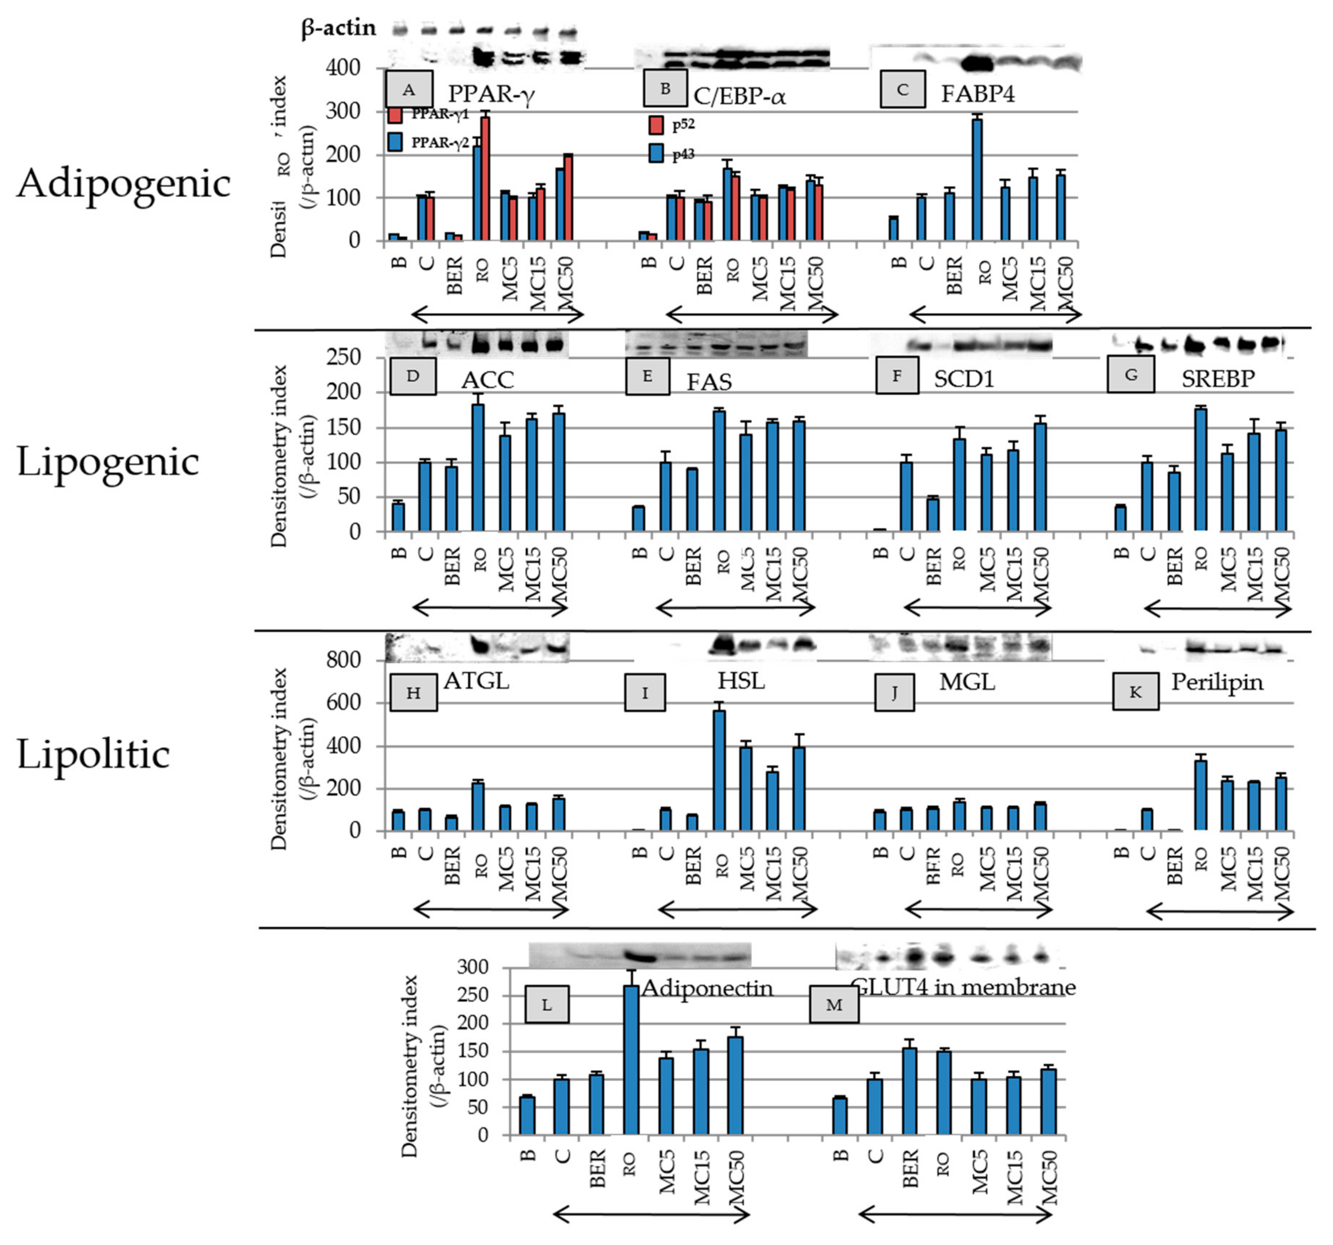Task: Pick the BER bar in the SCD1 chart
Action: pos(933,514)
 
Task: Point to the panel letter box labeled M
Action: pos(834,1004)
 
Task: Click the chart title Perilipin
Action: pos(1216,682)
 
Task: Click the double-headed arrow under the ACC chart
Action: pos(490,608)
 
